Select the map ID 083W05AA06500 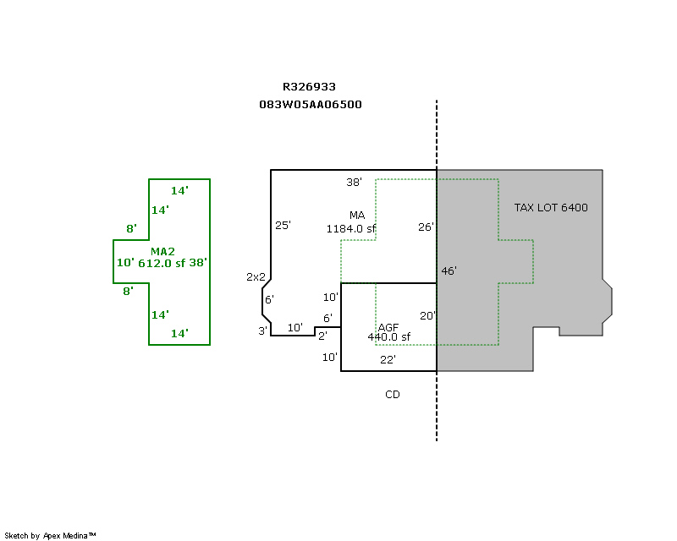coord(311,105)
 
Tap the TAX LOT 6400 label coord(551,208)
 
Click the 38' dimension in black coord(354,182)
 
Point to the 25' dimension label coord(283,226)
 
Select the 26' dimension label coord(426,227)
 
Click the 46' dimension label coord(449,271)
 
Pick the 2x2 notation coord(256,276)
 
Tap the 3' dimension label coord(262,331)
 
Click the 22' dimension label coord(388,359)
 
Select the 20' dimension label coord(427,316)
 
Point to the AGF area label coord(388,327)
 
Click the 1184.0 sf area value coord(351,228)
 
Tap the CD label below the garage coord(393,395)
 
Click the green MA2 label coord(162,251)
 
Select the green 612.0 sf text coord(161,263)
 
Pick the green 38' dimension coord(197,263)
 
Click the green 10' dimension coord(125,263)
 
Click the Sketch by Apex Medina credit coord(51,535)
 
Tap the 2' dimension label coord(322,336)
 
